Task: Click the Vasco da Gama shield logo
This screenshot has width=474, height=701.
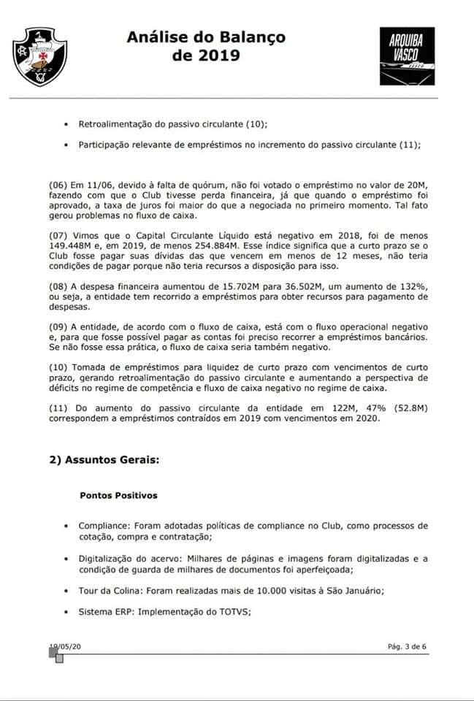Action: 39,57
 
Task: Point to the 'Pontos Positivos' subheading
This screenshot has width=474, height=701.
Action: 118,495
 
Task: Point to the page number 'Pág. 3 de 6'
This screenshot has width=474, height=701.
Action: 407,646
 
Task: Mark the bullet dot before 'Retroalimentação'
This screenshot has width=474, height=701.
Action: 68,124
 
